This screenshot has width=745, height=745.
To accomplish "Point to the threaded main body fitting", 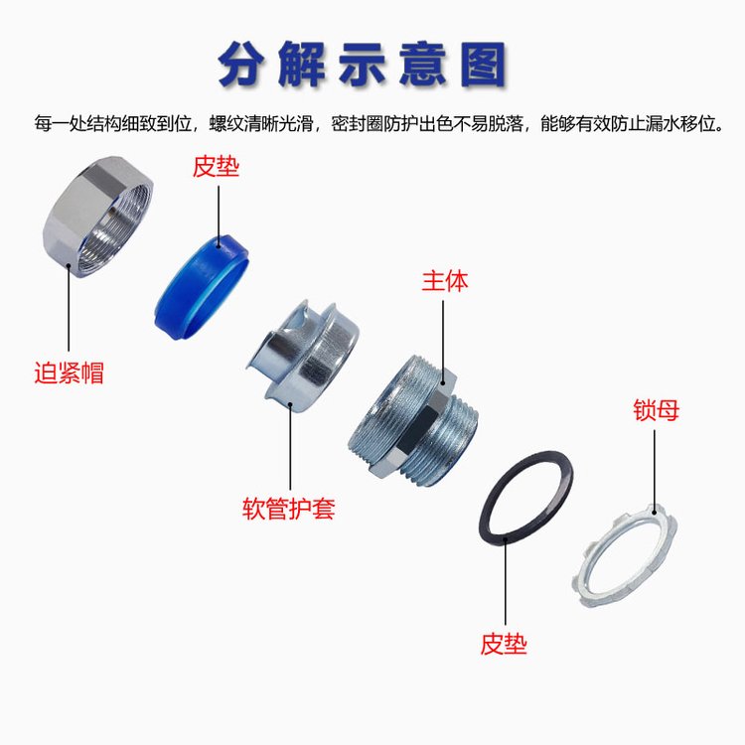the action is (x=413, y=420).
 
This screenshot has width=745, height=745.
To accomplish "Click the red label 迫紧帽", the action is (x=69, y=372).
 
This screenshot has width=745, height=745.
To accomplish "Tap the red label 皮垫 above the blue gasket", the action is (x=216, y=166).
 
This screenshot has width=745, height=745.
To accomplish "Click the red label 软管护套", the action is (x=289, y=509).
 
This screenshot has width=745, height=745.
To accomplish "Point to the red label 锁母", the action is (x=656, y=410).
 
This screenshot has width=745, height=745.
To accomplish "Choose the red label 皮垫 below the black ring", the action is (x=504, y=645).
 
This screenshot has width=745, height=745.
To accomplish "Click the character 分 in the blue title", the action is (x=243, y=65).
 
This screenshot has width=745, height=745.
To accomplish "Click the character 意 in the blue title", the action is (x=423, y=65).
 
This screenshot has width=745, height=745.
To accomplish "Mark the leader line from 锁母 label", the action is (x=655, y=472).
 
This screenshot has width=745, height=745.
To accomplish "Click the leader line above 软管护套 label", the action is (x=290, y=447).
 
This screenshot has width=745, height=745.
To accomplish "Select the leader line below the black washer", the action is (x=505, y=581).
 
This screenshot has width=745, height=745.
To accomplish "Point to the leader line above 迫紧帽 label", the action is (x=69, y=308).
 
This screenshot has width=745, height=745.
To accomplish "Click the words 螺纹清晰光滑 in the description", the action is (x=261, y=123).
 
